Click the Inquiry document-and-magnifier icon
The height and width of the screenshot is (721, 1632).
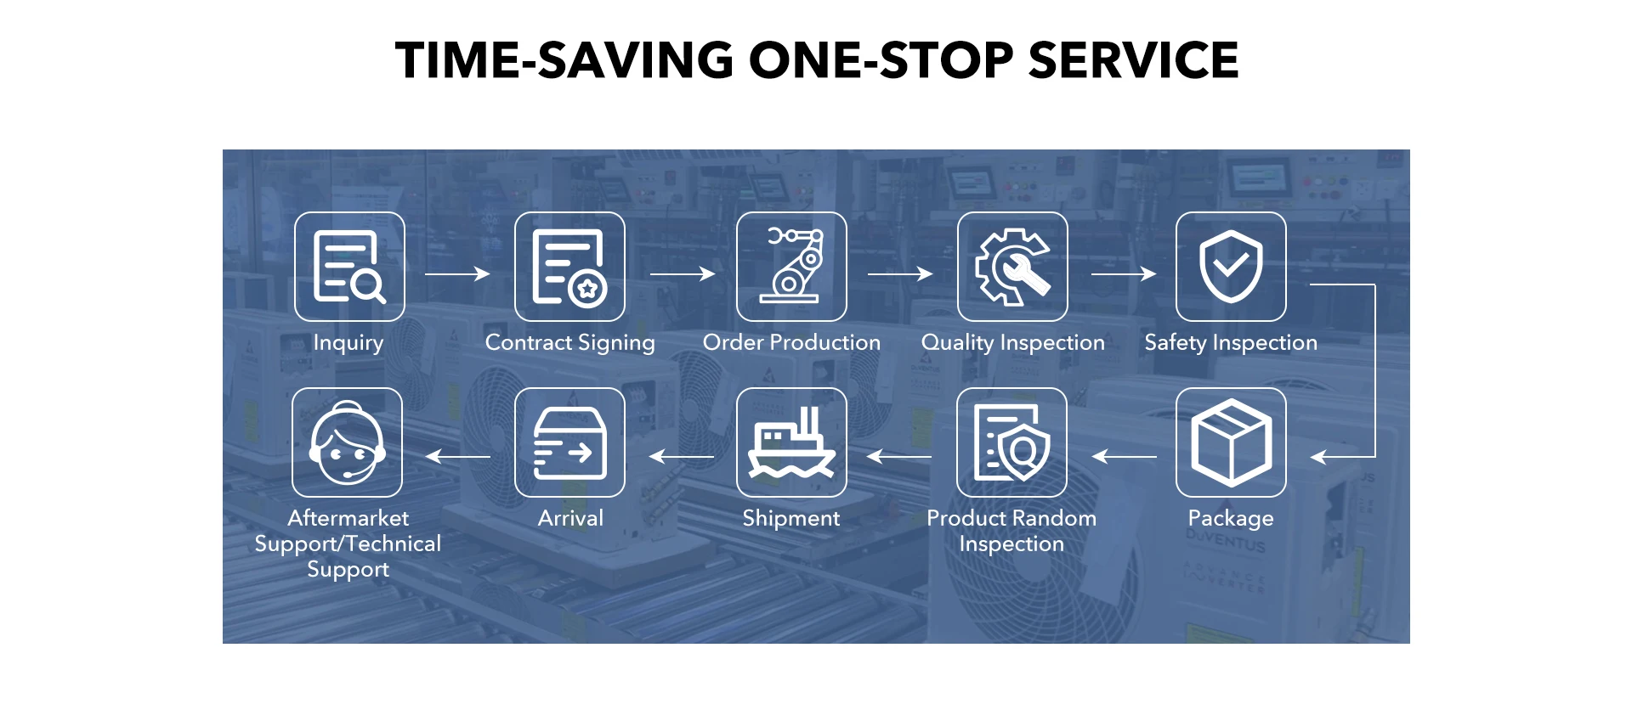(349, 267)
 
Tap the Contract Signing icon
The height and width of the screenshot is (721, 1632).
(569, 267)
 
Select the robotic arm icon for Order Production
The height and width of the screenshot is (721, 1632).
(791, 267)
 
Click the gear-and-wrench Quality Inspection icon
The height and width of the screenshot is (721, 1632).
(1012, 267)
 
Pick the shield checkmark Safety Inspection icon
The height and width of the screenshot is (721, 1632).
(1231, 267)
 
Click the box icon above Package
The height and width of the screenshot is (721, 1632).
(1231, 442)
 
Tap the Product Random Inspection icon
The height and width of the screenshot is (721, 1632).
(1011, 442)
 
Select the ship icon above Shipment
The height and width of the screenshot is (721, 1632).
(791, 442)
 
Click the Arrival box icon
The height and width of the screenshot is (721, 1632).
(569, 442)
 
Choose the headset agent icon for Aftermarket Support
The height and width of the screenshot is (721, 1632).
(347, 442)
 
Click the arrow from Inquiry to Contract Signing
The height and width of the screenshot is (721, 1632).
(457, 273)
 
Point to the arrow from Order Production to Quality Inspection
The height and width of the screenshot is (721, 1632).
(900, 273)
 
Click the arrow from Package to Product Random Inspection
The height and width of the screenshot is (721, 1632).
(1124, 457)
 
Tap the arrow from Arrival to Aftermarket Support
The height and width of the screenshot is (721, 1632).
(457, 457)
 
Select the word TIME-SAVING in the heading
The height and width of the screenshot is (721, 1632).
(564, 60)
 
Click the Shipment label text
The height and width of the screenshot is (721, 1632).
(791, 518)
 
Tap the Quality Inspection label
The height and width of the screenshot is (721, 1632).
(1013, 342)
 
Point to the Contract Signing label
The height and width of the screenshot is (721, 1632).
(570, 342)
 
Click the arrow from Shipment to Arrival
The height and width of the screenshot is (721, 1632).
(682, 457)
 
